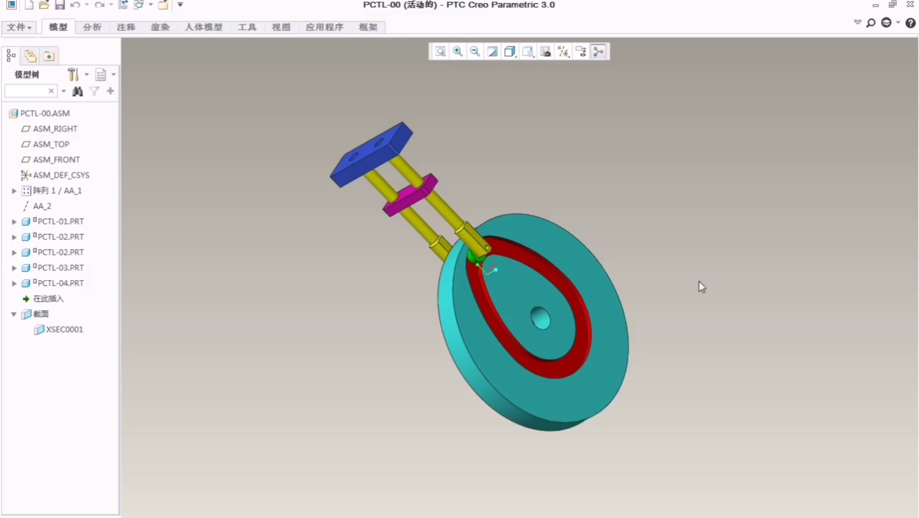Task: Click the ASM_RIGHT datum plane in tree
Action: point(55,129)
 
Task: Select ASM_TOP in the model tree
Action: point(51,144)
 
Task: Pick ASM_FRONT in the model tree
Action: point(56,159)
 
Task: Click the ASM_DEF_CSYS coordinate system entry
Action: point(61,175)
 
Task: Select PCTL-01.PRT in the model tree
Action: point(60,221)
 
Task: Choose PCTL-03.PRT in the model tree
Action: point(60,268)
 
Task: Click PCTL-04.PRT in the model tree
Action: point(60,283)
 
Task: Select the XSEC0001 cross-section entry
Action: point(64,330)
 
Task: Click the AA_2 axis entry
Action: point(42,206)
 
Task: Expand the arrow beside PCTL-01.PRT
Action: point(14,222)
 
